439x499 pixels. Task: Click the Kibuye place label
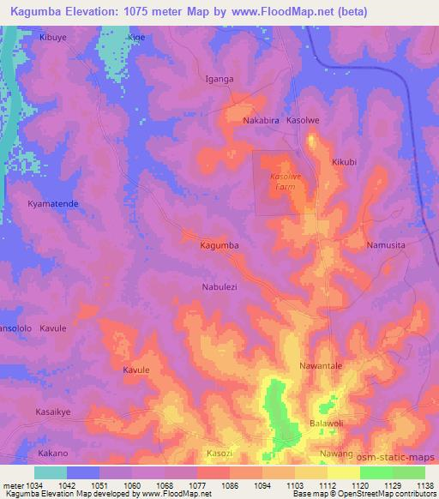tap(53, 39)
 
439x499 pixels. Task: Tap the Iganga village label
tap(219, 79)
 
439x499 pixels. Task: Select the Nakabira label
tap(262, 121)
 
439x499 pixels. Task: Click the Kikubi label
tap(343, 162)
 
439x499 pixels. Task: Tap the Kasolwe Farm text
tap(286, 181)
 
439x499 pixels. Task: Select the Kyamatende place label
tap(53, 204)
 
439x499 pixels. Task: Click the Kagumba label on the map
tap(219, 245)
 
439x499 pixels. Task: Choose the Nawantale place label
tap(321, 366)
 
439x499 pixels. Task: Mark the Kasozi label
tap(219, 453)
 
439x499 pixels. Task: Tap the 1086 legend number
tap(230, 485)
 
